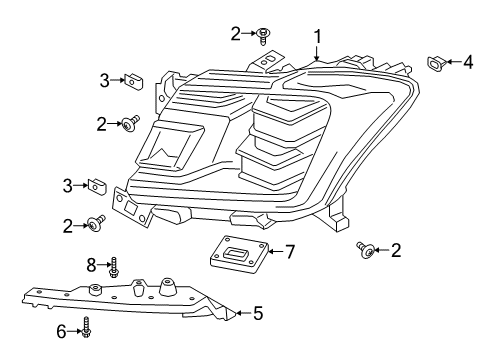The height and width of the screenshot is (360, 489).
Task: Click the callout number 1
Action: (x=317, y=38)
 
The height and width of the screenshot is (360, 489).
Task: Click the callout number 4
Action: (x=468, y=63)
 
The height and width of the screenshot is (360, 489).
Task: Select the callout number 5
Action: (x=258, y=313)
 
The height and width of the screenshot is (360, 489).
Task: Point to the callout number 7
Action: (x=290, y=251)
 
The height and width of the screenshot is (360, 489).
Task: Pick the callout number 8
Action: (x=92, y=265)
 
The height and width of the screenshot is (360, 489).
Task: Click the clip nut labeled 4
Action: (x=437, y=64)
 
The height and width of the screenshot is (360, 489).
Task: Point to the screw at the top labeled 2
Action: (x=263, y=37)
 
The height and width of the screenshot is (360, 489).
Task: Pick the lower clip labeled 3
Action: (x=96, y=186)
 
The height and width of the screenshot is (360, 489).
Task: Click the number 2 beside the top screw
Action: (x=236, y=33)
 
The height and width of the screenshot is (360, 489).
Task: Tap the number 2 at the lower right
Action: (x=396, y=250)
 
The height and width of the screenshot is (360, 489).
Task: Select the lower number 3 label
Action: (x=68, y=185)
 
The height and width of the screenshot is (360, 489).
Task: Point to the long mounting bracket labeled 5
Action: (x=130, y=297)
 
